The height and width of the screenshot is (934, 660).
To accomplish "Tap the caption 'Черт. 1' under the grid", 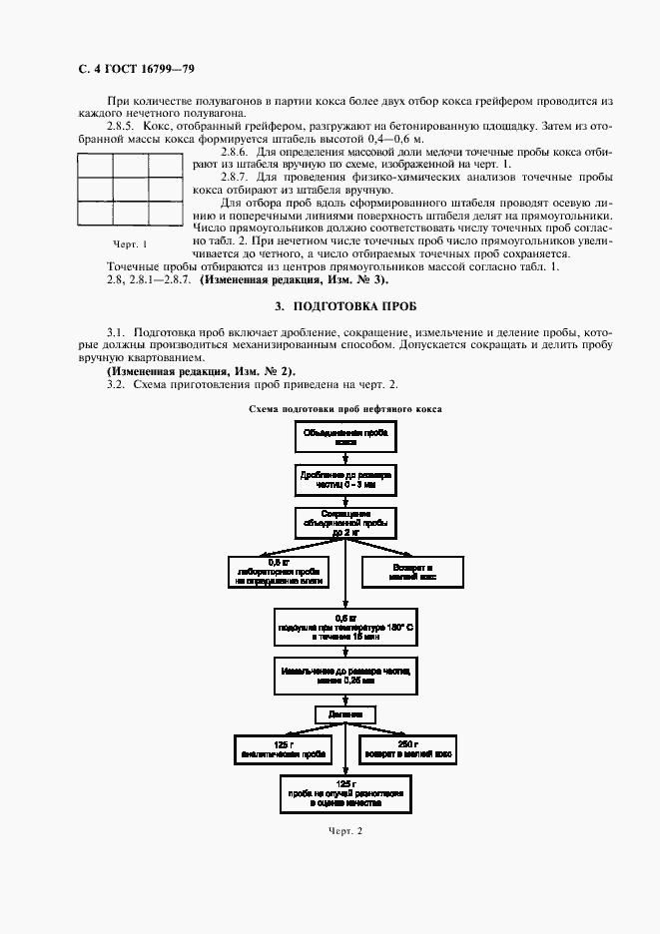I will pos(130,244).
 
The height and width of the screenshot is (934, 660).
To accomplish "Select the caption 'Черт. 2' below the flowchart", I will pos(344,831).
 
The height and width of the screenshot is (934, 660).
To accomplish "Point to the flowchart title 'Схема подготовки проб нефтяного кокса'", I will pos(345,409).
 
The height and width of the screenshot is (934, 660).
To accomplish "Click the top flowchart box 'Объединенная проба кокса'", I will pos(344,436).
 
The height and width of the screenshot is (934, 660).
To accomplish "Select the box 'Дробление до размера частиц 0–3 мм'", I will pos(344,479).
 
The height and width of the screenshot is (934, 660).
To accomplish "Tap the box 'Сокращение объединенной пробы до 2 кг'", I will pos(344,522).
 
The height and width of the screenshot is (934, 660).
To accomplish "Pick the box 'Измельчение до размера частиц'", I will pos(344,676).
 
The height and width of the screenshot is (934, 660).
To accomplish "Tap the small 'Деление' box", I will pos(344,715).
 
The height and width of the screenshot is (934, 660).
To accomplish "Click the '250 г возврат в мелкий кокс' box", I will pos(406,750).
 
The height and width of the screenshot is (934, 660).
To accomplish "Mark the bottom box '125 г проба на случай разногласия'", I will pos(344,792).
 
